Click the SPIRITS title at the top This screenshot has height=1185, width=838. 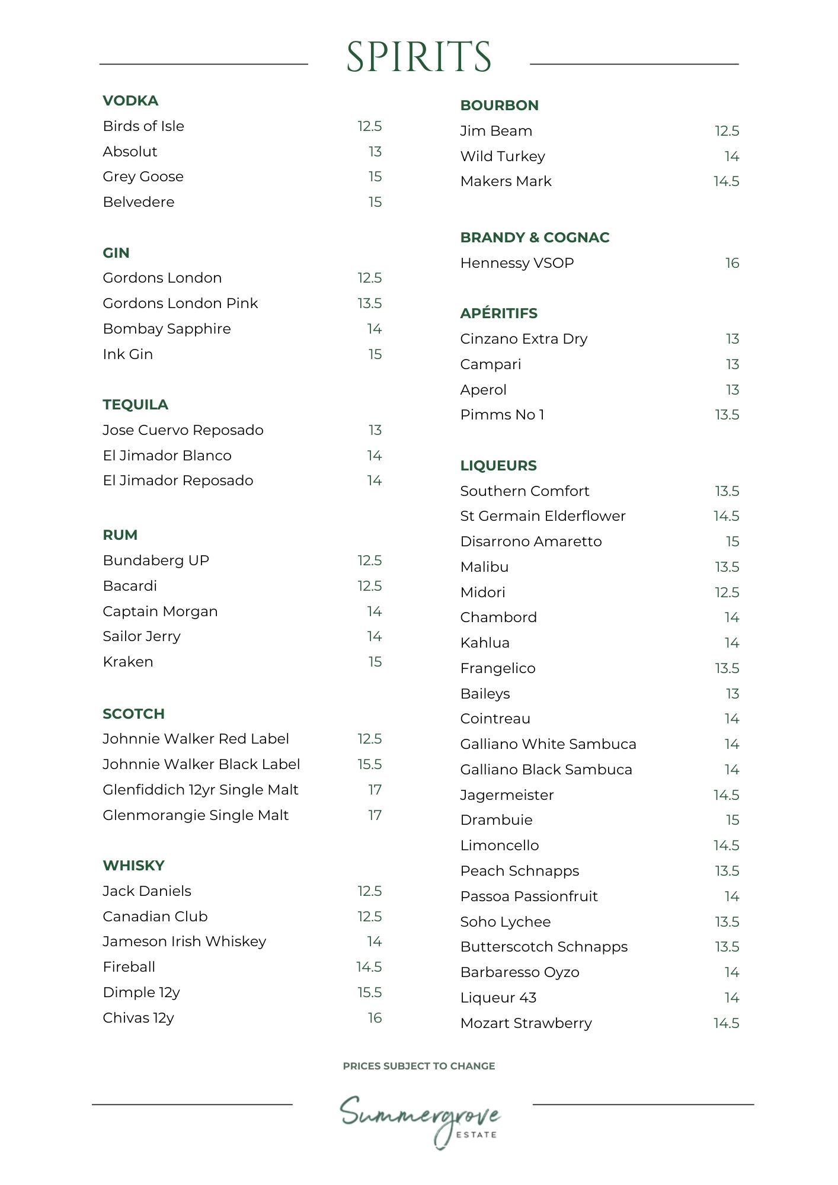[418, 57]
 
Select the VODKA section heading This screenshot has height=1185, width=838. [130, 101]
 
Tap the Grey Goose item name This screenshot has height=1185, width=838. [143, 177]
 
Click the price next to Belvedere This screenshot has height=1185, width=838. [375, 202]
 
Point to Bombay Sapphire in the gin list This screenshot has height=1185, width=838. [167, 329]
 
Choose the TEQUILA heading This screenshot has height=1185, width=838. [135, 405]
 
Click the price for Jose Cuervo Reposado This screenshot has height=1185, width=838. [375, 430]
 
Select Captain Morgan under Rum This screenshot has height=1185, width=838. [160, 611]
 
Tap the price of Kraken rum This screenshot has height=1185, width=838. [375, 662]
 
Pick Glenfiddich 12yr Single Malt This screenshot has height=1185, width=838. [200, 790]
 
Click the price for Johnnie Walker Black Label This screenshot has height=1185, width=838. [369, 764]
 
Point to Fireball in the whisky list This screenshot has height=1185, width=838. [129, 967]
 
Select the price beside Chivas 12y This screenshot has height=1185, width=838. [375, 1018]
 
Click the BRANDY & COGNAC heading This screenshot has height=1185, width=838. [535, 238]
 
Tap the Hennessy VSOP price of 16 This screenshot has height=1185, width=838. [732, 263]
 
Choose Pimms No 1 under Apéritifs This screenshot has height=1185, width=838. [502, 415]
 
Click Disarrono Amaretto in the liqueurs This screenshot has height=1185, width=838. [530, 542]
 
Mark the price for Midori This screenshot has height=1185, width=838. [727, 592]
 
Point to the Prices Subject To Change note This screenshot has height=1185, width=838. [418, 1066]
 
